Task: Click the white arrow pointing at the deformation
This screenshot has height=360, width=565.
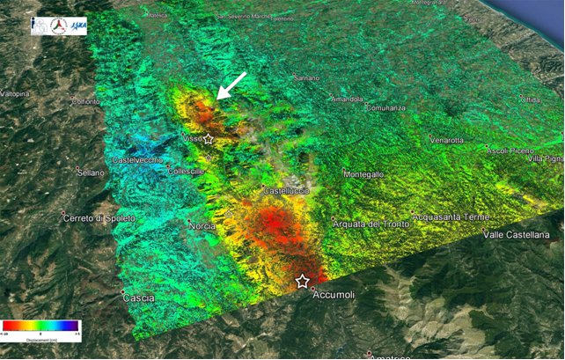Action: coord(231,87)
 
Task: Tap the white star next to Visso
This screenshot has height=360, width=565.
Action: coord(209,139)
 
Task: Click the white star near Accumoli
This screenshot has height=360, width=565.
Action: coord(302,281)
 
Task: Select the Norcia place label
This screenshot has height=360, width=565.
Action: coord(202,226)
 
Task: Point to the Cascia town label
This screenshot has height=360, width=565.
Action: coord(139,298)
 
